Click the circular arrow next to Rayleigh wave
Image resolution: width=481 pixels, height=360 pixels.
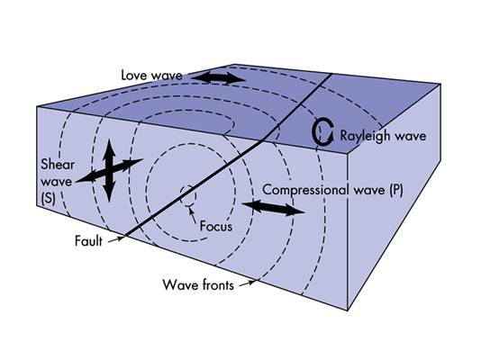click(x=322, y=133)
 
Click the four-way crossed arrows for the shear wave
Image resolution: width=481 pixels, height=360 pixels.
click(x=108, y=169)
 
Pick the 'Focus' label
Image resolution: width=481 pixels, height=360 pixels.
click(x=214, y=227)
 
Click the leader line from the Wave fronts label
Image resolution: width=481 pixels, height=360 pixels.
click(x=248, y=281)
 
